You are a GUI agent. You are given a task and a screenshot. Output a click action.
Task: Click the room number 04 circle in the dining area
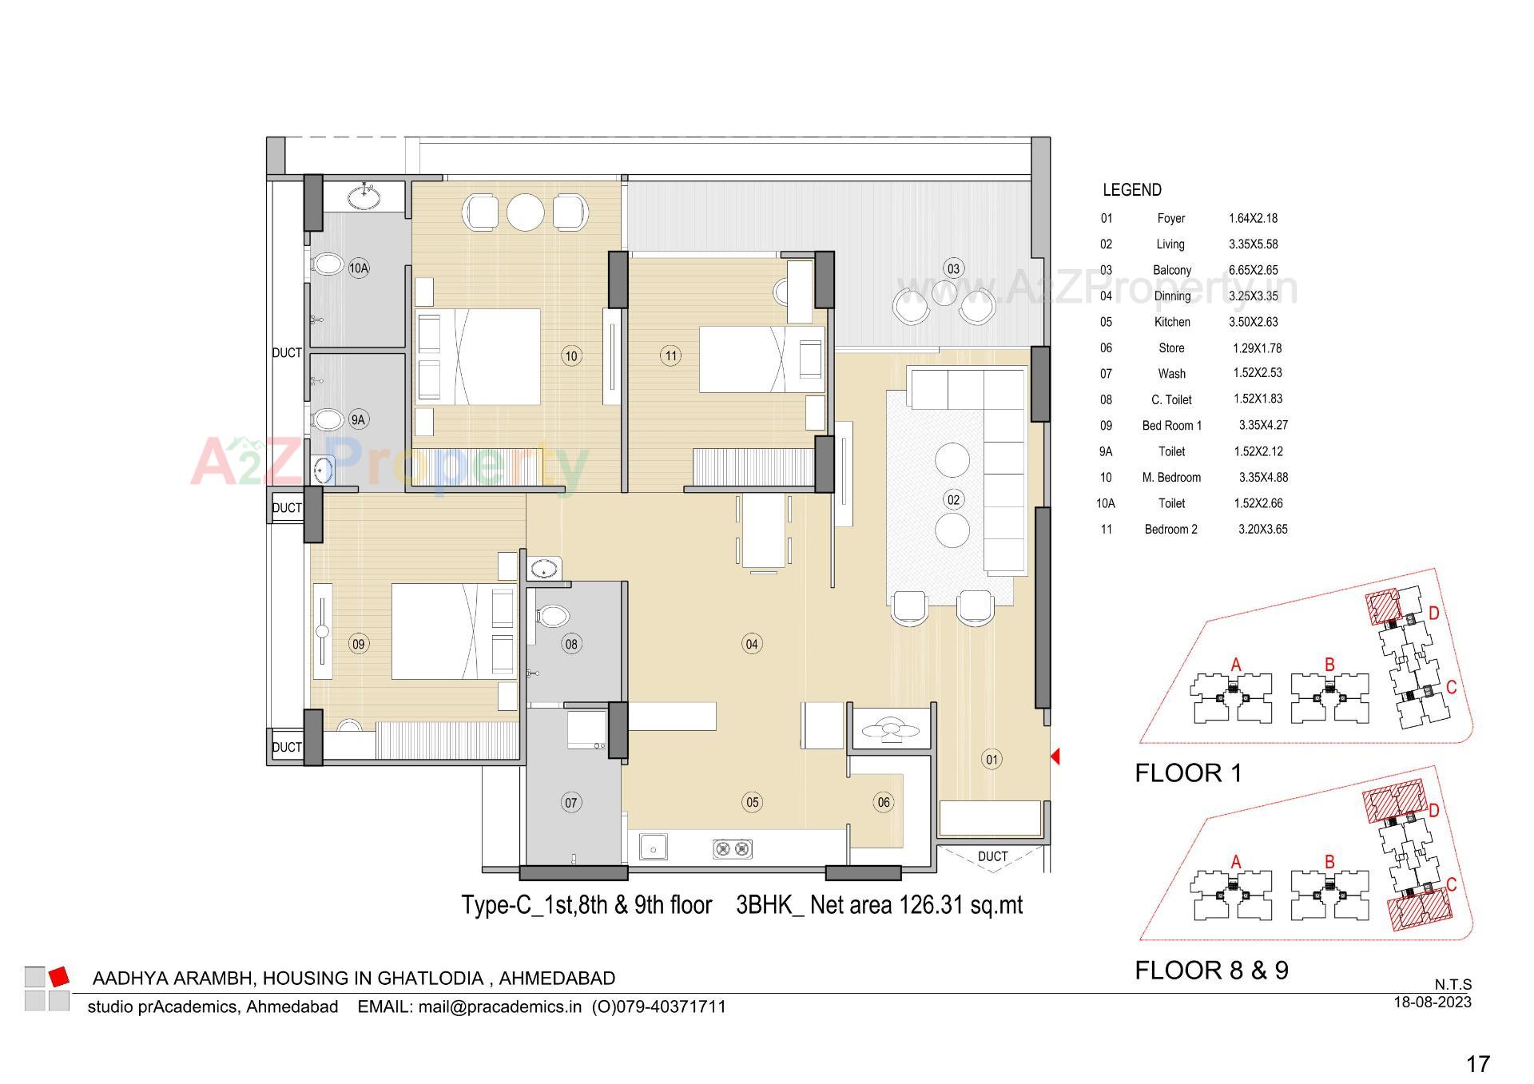click(752, 644)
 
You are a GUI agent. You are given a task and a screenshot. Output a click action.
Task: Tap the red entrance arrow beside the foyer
click(1055, 756)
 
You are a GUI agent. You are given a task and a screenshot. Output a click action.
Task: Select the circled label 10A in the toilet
click(359, 268)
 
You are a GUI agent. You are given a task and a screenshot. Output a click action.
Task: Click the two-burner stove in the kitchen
click(733, 849)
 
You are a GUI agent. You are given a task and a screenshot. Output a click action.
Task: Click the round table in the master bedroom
click(525, 212)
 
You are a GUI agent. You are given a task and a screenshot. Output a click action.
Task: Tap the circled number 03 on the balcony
click(953, 268)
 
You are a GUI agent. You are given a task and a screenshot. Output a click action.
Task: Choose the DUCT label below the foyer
click(992, 856)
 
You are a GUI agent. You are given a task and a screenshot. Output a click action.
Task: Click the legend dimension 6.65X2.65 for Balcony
click(1253, 270)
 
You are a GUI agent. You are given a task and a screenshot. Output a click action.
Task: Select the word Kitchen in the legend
click(1172, 322)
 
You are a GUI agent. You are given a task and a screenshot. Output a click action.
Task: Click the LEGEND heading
click(1131, 190)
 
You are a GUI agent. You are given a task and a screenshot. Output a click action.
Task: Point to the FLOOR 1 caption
click(1188, 772)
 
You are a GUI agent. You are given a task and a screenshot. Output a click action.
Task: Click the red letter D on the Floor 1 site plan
click(1434, 613)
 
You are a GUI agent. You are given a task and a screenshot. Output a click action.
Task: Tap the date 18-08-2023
click(1432, 1002)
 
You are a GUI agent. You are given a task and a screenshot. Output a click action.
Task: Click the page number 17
click(1478, 1064)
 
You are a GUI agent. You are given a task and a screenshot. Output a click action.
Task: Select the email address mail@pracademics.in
click(499, 1007)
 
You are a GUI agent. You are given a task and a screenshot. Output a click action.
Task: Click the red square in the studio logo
click(59, 976)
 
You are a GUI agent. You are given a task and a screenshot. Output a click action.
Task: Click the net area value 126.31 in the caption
click(932, 905)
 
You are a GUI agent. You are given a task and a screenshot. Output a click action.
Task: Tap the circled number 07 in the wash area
click(571, 803)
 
